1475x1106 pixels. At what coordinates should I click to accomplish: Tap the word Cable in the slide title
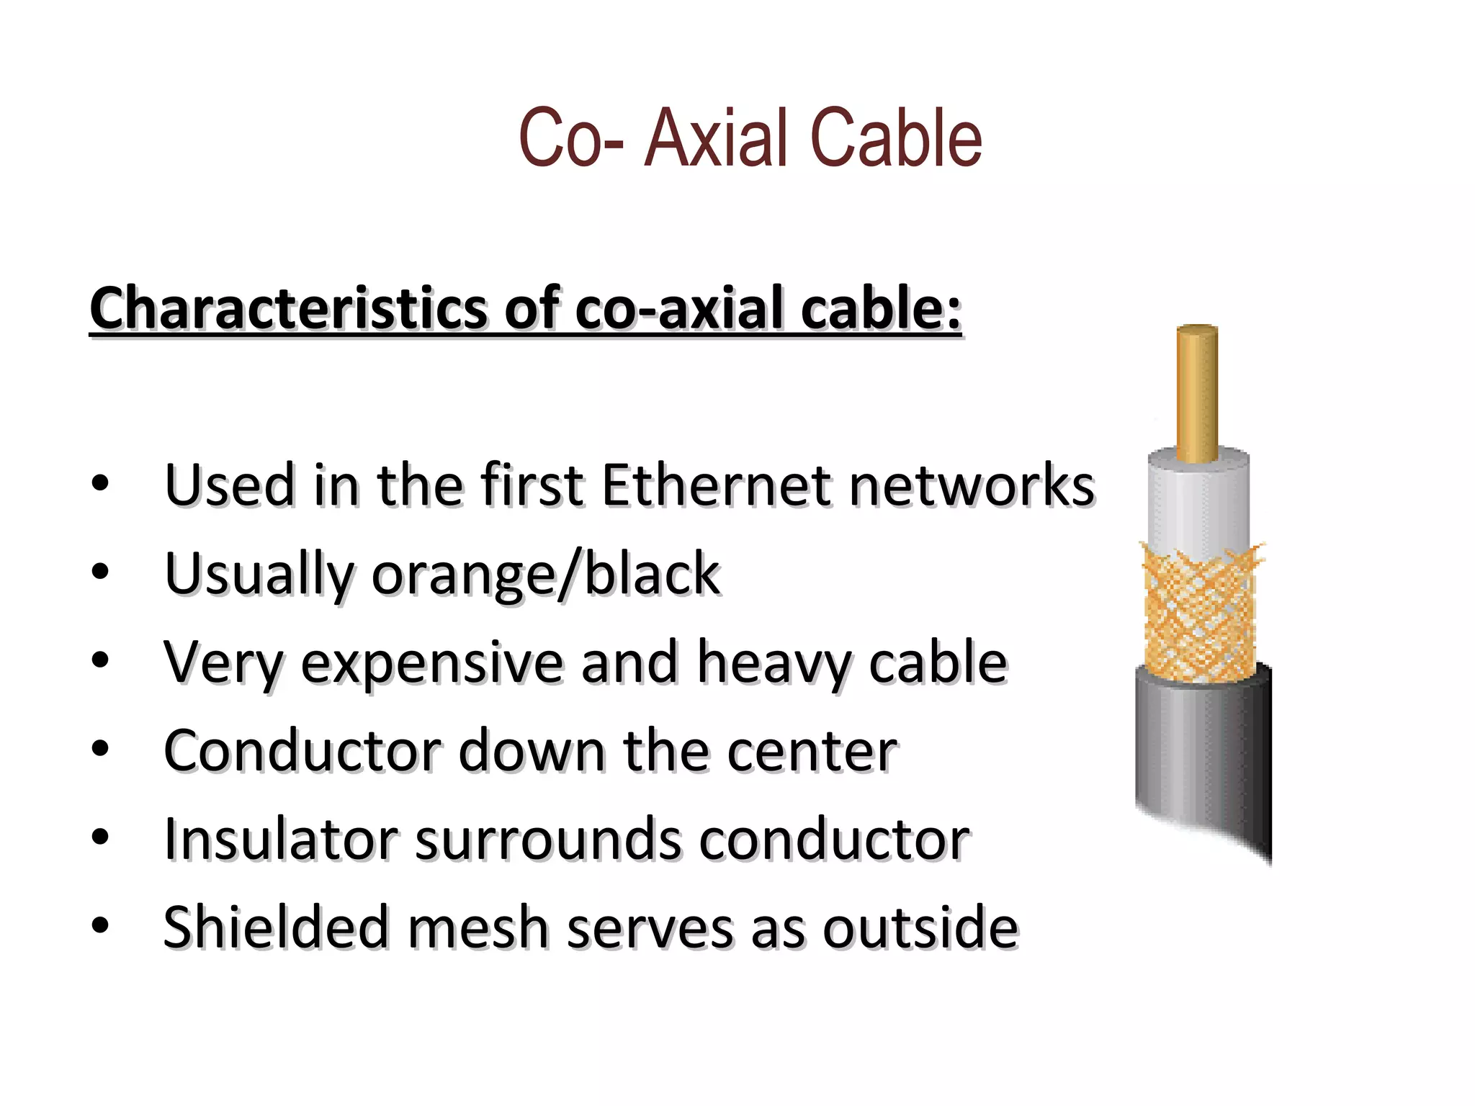[896, 138]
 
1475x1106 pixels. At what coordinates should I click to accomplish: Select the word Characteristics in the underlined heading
[288, 308]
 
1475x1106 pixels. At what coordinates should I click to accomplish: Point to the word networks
[972, 485]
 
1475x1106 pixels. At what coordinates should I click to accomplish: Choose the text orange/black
[546, 574]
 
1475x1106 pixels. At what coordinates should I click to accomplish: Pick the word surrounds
[548, 839]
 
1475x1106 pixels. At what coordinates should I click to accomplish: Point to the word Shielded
[277, 927]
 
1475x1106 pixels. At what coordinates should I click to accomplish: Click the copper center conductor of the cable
[1197, 392]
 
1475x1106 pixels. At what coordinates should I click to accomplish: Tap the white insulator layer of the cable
[1198, 504]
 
